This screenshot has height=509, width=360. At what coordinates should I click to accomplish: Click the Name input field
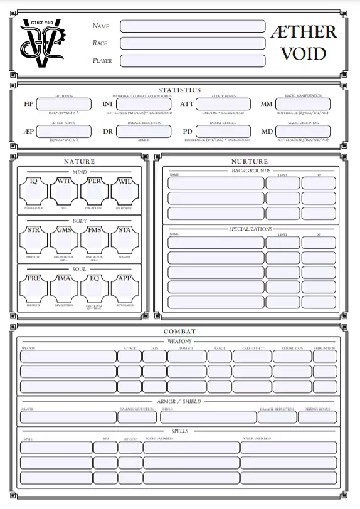[193, 26]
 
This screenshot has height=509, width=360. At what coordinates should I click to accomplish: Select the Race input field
[193, 43]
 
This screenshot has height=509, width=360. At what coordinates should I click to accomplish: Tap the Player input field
[193, 61]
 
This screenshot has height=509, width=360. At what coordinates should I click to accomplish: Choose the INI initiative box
[145, 104]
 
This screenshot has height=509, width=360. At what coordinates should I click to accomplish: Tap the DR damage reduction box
[145, 132]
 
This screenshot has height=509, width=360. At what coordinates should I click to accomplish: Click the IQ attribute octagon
[34, 191]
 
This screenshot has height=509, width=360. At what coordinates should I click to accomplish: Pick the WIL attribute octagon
[125, 191]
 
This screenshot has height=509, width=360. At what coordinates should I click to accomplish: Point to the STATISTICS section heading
[179, 90]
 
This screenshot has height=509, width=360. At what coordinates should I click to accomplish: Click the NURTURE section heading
[250, 162]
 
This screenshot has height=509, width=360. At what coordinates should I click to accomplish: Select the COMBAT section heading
[179, 332]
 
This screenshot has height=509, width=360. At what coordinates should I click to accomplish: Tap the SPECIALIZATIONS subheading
[250, 229]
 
